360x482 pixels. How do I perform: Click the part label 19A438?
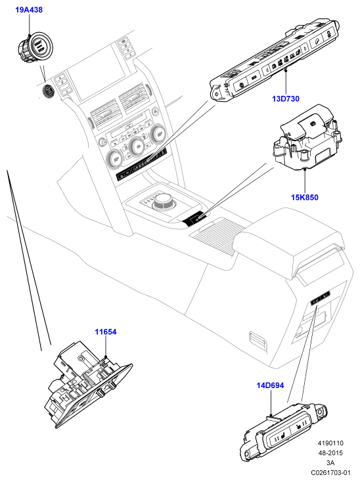(29, 10)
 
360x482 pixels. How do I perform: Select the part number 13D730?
(286, 99)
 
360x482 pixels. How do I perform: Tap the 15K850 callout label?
(305, 197)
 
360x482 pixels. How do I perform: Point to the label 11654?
(106, 332)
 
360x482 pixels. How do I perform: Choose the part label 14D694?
(270, 385)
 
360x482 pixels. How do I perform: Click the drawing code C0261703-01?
(330, 472)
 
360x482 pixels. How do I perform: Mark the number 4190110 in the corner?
(330, 443)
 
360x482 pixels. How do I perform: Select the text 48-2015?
(330, 453)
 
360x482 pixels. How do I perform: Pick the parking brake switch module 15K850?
(307, 137)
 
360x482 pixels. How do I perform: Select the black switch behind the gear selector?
(194, 219)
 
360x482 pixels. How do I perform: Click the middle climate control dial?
(137, 144)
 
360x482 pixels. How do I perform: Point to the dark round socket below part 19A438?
(48, 91)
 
